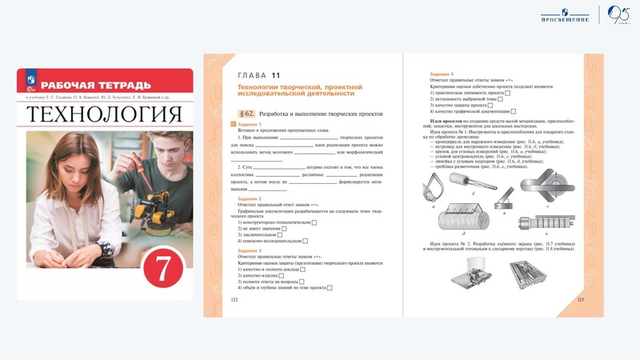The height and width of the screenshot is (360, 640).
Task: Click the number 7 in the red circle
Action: pyautogui.click(x=162, y=269)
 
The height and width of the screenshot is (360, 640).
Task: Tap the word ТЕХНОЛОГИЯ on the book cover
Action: pyautogui.click(x=105, y=114)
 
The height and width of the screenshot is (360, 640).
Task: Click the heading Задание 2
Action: pyautogui.click(x=250, y=198)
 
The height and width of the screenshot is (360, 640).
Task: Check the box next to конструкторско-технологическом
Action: pyautogui.click(x=315, y=222)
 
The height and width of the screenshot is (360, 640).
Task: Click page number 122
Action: pyautogui.click(x=234, y=298)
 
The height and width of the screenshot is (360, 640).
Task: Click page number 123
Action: pyautogui.click(x=582, y=298)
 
